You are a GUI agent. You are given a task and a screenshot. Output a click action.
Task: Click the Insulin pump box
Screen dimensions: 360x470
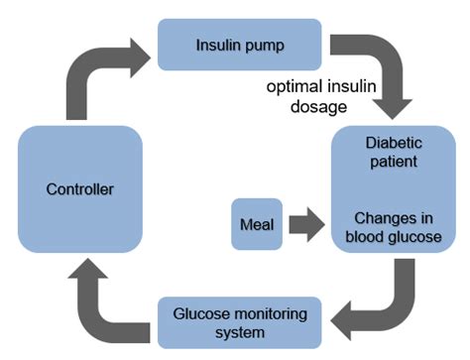pos(239,45)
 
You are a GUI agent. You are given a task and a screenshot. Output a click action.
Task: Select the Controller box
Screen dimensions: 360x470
pos(79,187)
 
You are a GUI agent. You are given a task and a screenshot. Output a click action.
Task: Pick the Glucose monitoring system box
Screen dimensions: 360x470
pos(239,323)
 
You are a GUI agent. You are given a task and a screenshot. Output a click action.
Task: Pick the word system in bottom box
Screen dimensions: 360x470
pos(239,333)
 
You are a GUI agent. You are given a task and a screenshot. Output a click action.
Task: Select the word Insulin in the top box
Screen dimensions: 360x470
pos(218,45)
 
